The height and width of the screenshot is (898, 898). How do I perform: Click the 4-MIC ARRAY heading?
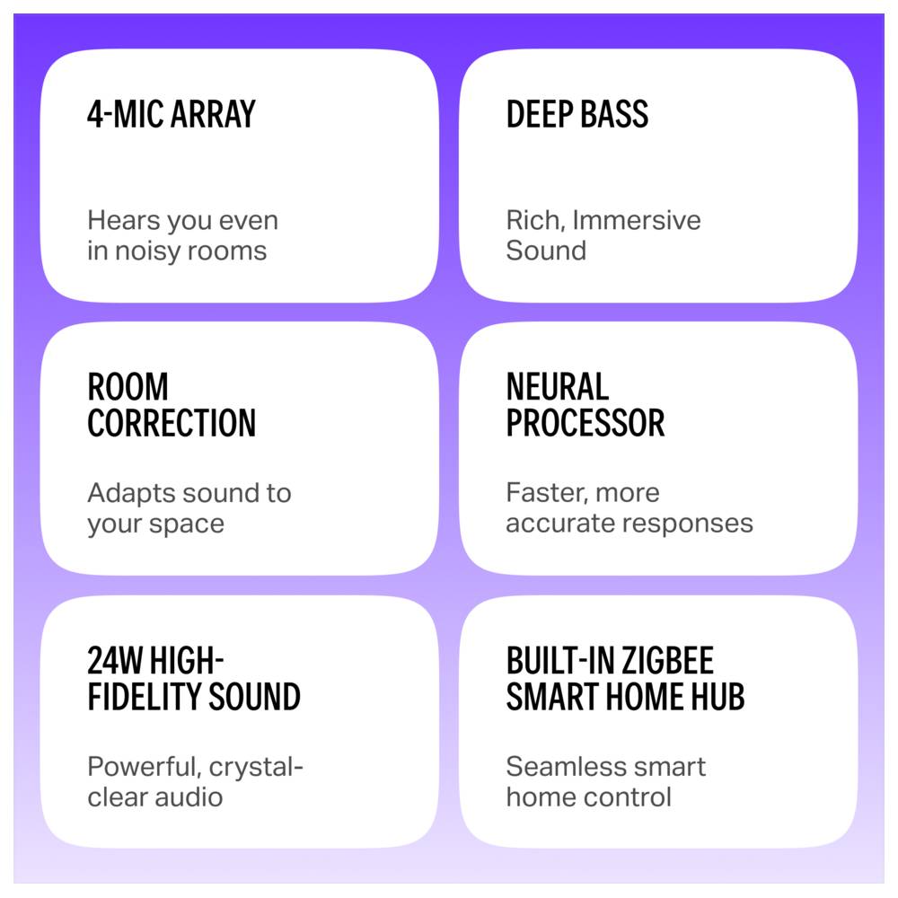pos(172,114)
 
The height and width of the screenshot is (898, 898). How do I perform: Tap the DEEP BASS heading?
pos(577,114)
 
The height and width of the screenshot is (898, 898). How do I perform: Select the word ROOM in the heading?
pos(128,386)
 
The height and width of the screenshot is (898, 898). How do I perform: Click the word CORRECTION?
pos(172,423)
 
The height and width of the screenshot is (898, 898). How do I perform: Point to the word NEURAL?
pos(558,386)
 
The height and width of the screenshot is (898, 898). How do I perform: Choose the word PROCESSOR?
pos(585,423)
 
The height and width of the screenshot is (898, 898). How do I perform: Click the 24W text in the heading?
pos(115,660)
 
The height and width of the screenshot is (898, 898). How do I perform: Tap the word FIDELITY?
pos(145,697)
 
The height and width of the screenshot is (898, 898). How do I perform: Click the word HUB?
pos(718,697)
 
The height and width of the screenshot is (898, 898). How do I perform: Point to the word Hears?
pos(123,221)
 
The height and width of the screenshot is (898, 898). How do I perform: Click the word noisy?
pos(148,251)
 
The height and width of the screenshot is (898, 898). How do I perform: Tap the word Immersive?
pos(637,221)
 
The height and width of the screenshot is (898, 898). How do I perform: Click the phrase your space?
pos(155,524)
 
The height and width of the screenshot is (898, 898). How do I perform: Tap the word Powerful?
pos(144,767)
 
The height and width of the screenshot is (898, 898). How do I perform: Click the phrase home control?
pos(589,797)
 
